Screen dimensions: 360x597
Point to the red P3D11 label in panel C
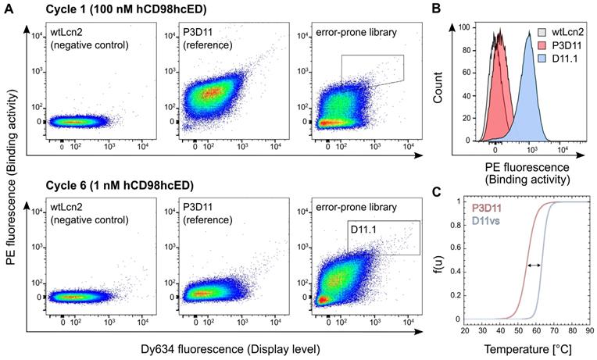(488, 209)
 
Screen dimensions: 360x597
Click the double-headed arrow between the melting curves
(534, 266)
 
